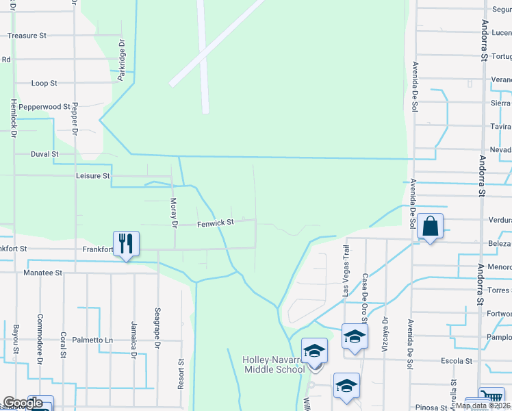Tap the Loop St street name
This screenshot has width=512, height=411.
coord(44,84)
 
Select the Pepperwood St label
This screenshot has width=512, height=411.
coord(44,107)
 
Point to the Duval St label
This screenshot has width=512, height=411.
coord(44,155)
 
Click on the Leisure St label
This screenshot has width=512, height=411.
coord(92,176)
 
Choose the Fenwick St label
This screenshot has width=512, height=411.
coord(216,223)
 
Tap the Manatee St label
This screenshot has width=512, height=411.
coord(44,273)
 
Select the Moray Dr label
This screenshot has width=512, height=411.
coord(174,213)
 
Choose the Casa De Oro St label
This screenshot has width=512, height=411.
coord(365,294)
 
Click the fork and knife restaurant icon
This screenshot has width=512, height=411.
coord(126,244)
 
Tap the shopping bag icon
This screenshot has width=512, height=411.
coord(430,227)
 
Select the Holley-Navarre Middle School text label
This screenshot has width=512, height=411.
coord(274,364)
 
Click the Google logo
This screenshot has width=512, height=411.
coord(22,403)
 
